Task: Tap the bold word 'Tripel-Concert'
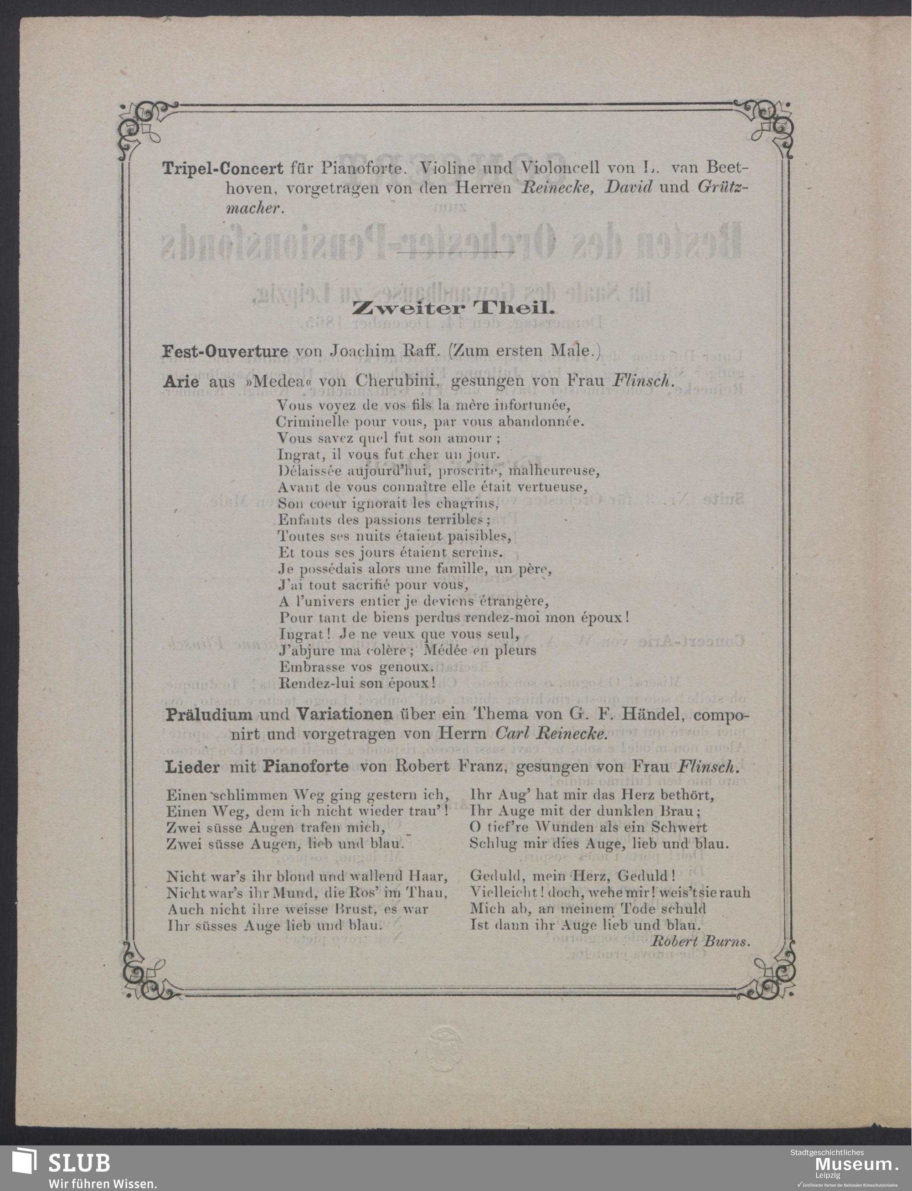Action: pos(222,168)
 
